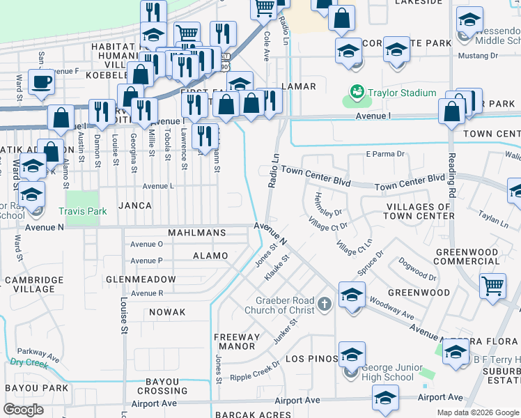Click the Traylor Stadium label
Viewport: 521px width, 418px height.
pos(402,93)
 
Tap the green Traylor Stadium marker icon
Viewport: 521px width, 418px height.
pos(357,92)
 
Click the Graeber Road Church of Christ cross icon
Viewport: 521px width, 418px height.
pos(324,304)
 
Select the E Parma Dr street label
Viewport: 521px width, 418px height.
pos(385,153)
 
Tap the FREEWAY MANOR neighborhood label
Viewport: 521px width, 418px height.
pos(238,341)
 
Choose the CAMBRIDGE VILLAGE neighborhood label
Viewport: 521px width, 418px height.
pos(30,284)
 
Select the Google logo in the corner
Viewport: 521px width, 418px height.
pos(24,409)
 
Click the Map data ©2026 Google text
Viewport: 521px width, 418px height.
pos(478,412)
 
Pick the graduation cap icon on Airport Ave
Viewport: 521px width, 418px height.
pos(385,398)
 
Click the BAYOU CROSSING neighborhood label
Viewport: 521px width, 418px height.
pos(167,386)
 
